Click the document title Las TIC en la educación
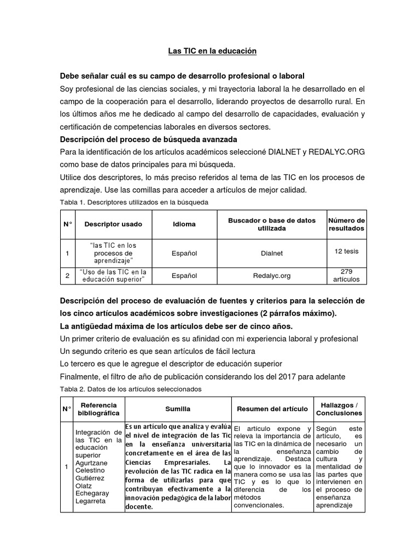[212, 51]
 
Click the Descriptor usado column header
[113, 224]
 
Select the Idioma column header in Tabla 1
[184, 224]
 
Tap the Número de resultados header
[346, 224]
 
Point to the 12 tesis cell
[346, 251]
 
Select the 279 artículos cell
[346, 275]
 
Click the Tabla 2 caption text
[131, 389]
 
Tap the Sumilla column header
[178, 409]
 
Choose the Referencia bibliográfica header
[98, 409]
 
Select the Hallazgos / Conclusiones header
[339, 409]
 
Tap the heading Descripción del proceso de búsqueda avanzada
[148, 139]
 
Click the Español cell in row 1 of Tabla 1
[184, 254]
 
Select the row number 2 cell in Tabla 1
[67, 276]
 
